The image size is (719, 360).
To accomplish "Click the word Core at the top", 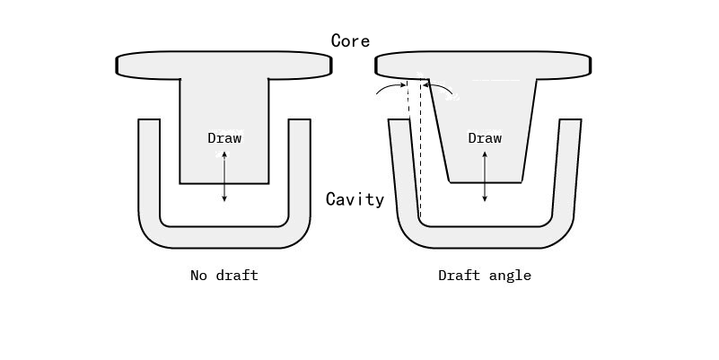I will (x=350, y=40).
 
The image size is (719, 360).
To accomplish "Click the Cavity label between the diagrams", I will (x=355, y=199).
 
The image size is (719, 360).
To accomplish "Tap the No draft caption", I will (x=224, y=276).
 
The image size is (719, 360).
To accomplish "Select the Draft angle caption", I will (x=484, y=276).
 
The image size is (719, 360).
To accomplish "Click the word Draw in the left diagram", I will (x=224, y=138).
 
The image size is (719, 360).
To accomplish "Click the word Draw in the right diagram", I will (x=485, y=138).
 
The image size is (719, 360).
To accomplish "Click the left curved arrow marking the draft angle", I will (x=390, y=88).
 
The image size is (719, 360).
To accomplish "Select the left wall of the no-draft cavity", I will (x=149, y=171).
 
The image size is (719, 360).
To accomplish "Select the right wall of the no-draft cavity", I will (x=299, y=171).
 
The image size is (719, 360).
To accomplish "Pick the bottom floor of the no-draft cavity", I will (x=224, y=236).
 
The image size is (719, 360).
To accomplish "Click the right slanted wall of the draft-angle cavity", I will (x=564, y=171).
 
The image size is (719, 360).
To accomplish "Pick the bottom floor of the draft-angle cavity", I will (x=485, y=236).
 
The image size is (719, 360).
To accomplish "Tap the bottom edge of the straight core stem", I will (x=224, y=183).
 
